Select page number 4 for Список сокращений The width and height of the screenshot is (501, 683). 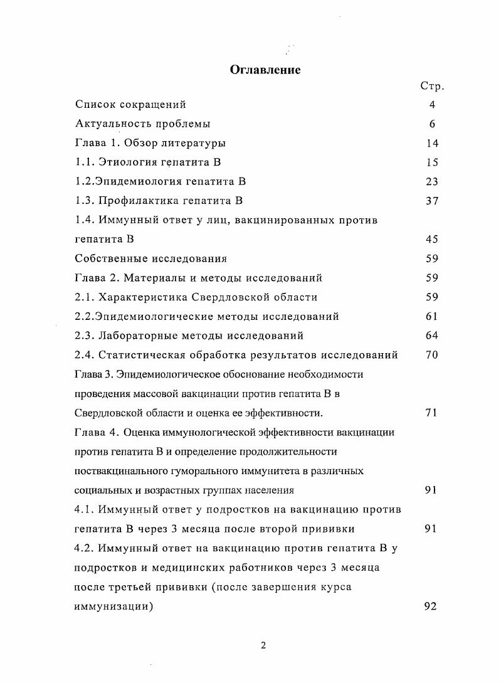433,105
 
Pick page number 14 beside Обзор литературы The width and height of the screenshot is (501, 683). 432,143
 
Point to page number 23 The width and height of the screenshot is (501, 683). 432,182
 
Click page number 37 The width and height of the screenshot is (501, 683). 432,201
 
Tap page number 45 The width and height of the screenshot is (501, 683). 432,239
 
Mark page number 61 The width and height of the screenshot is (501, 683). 432,316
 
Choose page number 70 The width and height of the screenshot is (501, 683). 432,355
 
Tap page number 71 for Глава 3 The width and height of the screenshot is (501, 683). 432,413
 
